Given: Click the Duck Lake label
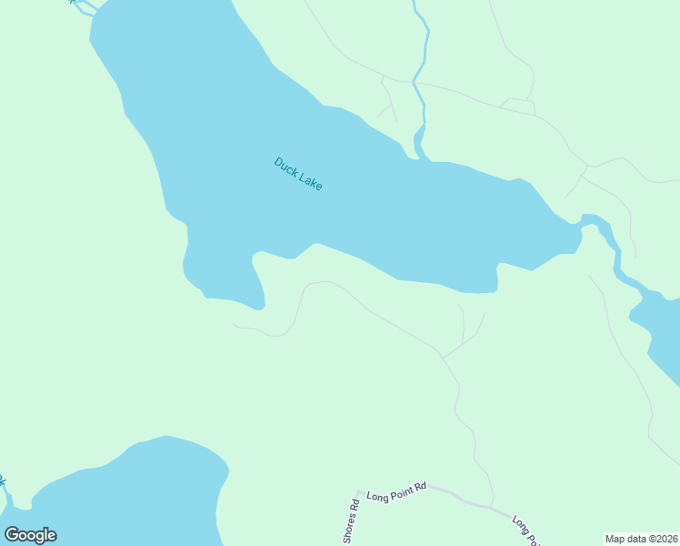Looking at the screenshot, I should [x=298, y=174].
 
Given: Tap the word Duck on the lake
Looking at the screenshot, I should [x=286, y=167].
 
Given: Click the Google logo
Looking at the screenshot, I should [x=30, y=535].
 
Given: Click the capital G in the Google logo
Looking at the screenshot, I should [x=12, y=535].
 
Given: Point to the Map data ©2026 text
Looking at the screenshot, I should [x=641, y=539].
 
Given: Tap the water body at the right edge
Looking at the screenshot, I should [x=662, y=328].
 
